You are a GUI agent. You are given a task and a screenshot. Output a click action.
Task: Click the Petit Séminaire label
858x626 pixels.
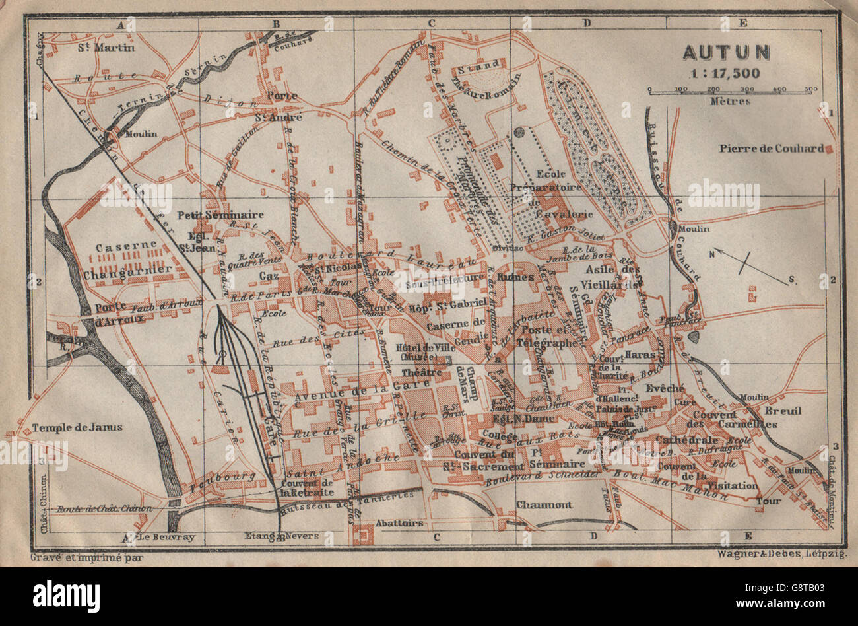coord(220,215)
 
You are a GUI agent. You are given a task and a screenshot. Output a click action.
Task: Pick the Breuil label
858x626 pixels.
coord(783,411)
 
